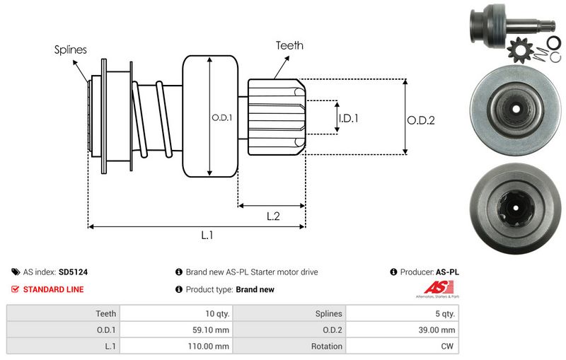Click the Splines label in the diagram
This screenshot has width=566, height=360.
point(71,50)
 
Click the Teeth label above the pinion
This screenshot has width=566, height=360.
point(289,45)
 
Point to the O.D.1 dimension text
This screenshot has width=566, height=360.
point(222,117)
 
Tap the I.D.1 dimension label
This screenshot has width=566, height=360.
point(348,119)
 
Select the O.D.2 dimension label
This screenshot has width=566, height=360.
point(420,120)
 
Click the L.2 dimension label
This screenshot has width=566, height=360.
point(273,217)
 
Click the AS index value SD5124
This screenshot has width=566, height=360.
point(73,272)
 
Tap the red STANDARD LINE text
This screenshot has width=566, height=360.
point(53,289)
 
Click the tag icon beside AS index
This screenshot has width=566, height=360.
point(16,272)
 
